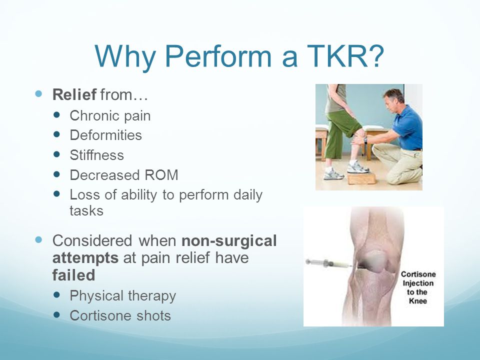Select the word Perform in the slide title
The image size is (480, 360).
tap(218, 57)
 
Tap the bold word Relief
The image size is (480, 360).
tap(74, 94)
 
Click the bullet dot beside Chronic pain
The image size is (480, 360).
tap(56, 115)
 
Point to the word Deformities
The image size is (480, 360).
tap(105, 135)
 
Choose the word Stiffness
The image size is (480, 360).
tap(96, 155)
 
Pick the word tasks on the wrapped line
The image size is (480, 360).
tap(86, 210)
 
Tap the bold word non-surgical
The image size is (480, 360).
tap(229, 240)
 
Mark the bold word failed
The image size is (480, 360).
tap(74, 275)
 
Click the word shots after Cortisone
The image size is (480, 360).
tap(153, 315)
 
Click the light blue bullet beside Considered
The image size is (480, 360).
tap(38, 239)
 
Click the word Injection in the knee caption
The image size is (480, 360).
tap(418, 283)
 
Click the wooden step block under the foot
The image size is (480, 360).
tap(361, 178)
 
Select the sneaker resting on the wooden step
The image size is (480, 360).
tap(357, 167)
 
